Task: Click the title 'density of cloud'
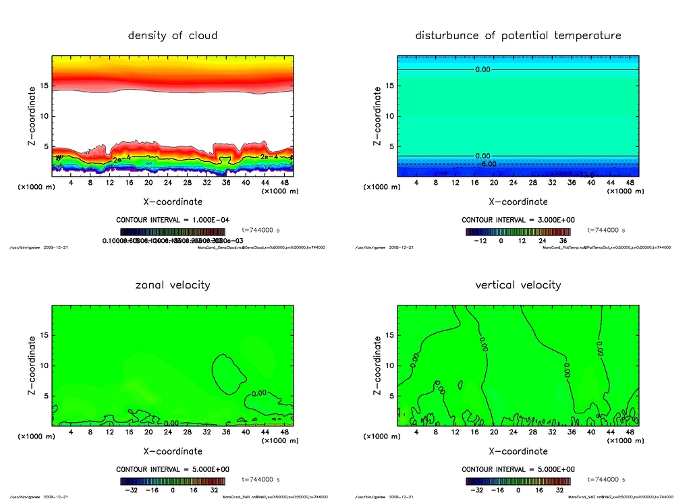pos(173,35)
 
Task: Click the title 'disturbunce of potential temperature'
pos(518,35)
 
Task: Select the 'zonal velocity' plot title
pos(173,285)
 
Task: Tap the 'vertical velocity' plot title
pos(518,285)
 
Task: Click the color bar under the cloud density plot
pos(173,231)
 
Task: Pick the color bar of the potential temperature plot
pos(518,231)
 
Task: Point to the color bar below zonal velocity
pos(173,481)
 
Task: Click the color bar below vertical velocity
pos(518,481)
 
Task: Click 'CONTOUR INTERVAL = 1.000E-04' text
pos(173,220)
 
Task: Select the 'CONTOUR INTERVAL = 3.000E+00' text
pos(518,220)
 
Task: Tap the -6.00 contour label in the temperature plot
pos(487,164)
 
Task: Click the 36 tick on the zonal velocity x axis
pos(226,432)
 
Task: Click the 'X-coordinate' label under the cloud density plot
pos(173,201)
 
